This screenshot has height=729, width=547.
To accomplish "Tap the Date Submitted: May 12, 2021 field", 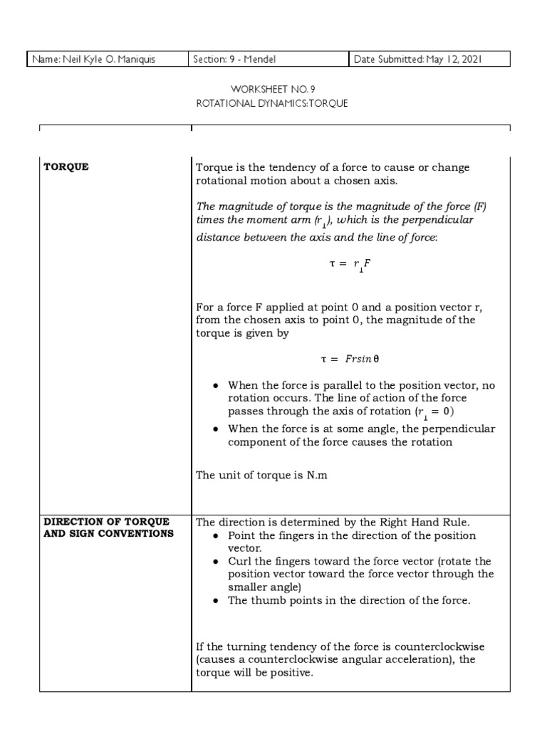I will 418,60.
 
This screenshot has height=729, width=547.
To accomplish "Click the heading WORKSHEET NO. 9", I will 273,89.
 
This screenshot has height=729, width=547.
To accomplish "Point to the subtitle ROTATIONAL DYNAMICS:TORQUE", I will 273,103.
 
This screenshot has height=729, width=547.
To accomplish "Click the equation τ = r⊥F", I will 350,263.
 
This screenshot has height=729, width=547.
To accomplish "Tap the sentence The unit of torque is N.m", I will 261,475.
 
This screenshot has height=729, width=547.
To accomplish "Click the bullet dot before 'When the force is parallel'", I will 217,385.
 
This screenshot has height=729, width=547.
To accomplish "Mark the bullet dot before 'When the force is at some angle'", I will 217,429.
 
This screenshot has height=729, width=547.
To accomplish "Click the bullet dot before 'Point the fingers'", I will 217,535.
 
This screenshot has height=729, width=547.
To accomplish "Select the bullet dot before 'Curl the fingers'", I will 217,562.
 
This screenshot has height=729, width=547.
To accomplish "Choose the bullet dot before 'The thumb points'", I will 217,601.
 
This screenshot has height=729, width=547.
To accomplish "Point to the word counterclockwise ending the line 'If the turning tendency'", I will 434,646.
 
